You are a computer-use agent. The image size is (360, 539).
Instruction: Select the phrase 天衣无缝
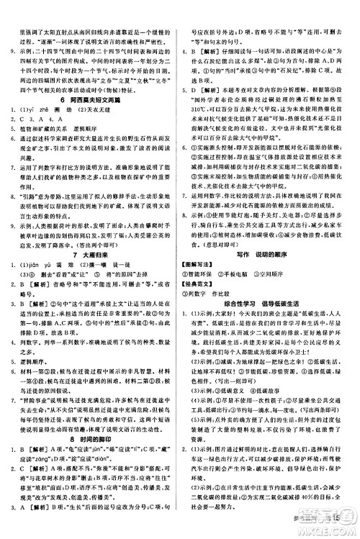click(x=106, y=114)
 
